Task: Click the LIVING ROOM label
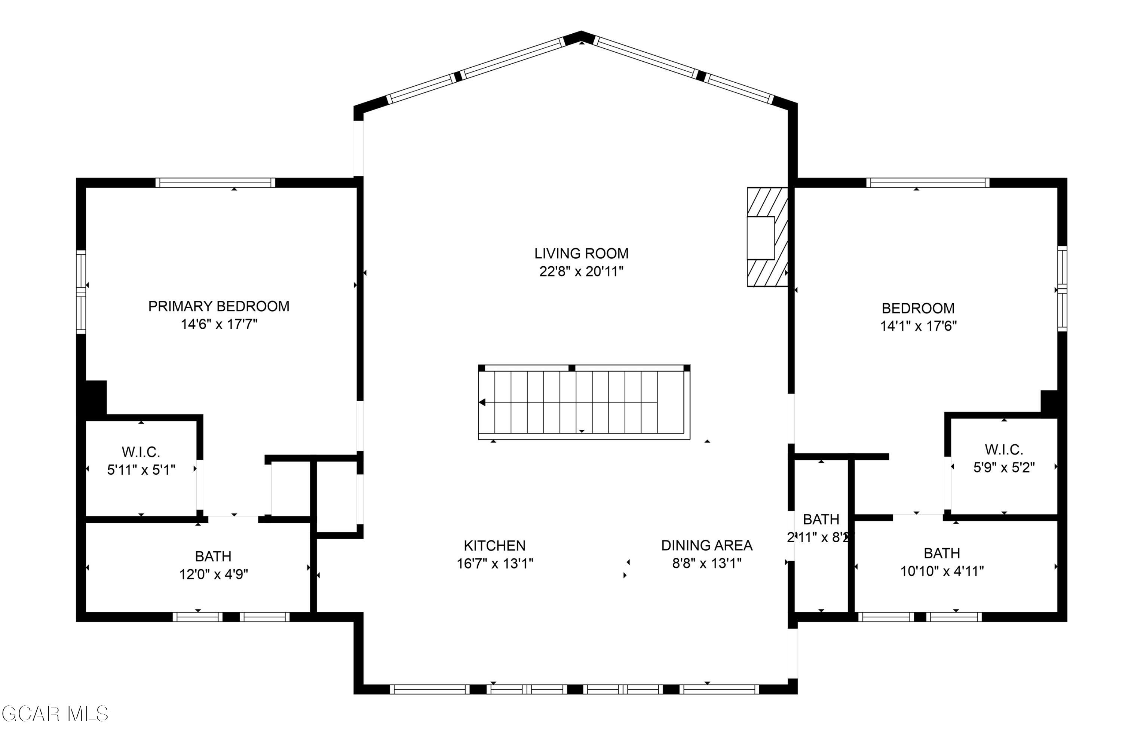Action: [x=581, y=253]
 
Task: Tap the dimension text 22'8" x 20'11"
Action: [x=581, y=272]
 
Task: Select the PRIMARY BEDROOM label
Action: [x=218, y=306]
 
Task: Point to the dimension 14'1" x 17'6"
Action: [x=918, y=326]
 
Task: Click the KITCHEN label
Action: [x=495, y=545]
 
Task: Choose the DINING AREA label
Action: [x=706, y=545]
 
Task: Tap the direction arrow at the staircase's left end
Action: [x=482, y=402]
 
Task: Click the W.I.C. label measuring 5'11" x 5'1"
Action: [x=141, y=451]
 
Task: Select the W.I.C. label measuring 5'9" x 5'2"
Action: [x=1004, y=450]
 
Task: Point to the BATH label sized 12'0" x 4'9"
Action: [x=213, y=556]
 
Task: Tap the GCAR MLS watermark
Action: [x=55, y=714]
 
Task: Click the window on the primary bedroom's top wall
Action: [x=215, y=183]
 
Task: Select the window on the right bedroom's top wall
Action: [x=928, y=183]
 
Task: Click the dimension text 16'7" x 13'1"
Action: [x=495, y=563]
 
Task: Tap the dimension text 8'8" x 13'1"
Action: [x=706, y=563]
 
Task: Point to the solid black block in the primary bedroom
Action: [x=95, y=397]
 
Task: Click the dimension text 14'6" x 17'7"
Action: [x=218, y=324]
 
